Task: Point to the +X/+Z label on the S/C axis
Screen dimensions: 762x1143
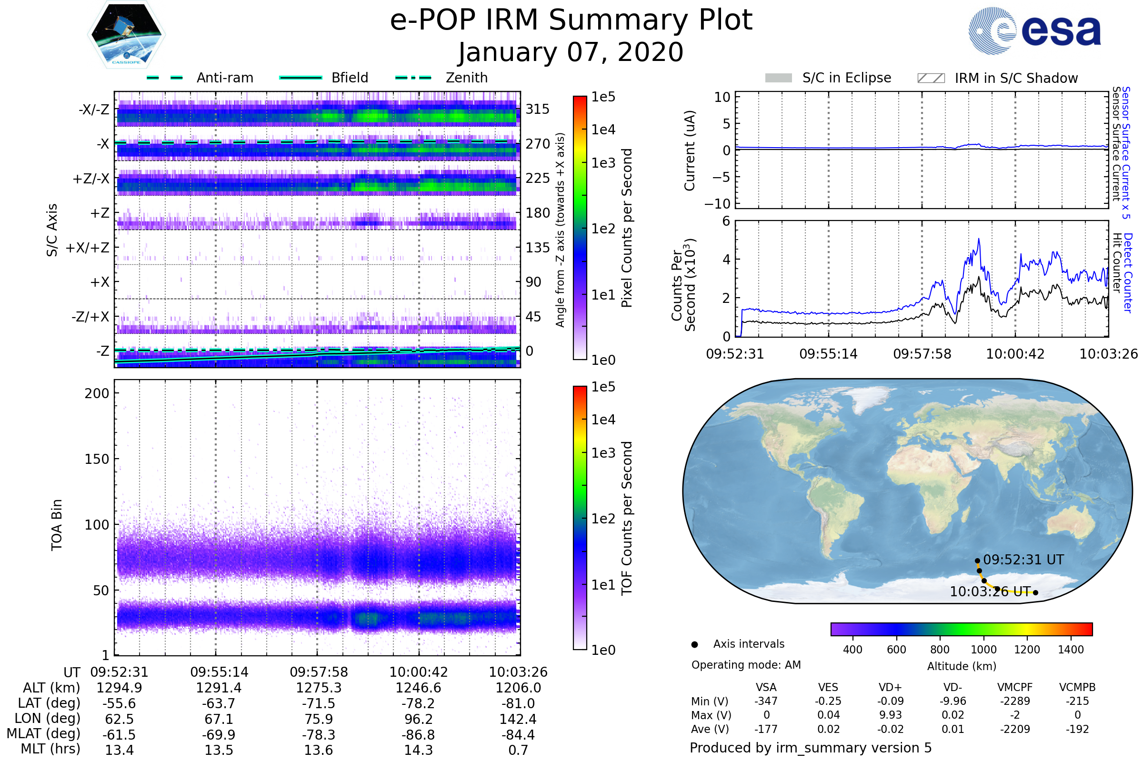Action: pyautogui.click(x=88, y=248)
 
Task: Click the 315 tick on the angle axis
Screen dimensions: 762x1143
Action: pyautogui.click(x=537, y=109)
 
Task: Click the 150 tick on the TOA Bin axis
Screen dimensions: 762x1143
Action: pyautogui.click(x=97, y=459)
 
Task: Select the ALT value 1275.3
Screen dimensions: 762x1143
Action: pyautogui.click(x=319, y=688)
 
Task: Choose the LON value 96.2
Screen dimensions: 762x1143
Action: pyautogui.click(x=419, y=719)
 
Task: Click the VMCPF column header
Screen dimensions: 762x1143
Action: pyautogui.click(x=1015, y=688)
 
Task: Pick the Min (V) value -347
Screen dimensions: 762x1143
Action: pyautogui.click(x=766, y=701)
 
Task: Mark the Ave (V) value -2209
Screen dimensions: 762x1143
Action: pyautogui.click(x=1015, y=729)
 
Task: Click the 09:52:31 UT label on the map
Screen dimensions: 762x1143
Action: pyautogui.click(x=1023, y=560)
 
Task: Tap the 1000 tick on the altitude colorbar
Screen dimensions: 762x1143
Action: pyautogui.click(x=983, y=650)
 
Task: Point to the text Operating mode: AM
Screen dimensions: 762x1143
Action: pyautogui.click(x=746, y=665)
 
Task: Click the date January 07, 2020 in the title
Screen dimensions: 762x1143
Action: pyautogui.click(x=571, y=52)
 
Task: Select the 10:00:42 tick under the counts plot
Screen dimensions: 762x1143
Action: pyautogui.click(x=1015, y=354)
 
